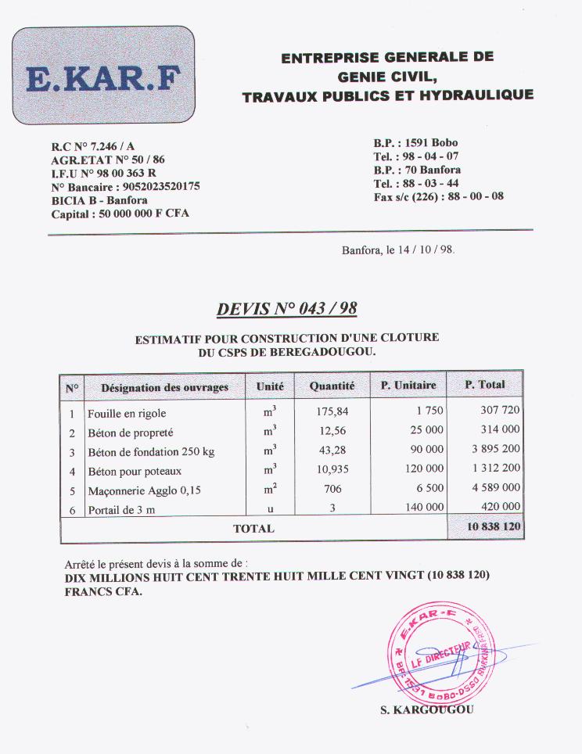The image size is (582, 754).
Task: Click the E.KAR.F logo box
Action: click(103, 77)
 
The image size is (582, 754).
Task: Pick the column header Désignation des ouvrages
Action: click(164, 386)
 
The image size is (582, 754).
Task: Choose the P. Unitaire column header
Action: click(408, 386)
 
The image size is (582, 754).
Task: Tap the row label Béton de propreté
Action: click(131, 433)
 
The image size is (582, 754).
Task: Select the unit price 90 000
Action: click(427, 450)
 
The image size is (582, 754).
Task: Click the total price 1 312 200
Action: click(495, 469)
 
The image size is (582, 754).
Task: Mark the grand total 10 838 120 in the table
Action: click(494, 527)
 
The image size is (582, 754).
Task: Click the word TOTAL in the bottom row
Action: click(253, 529)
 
